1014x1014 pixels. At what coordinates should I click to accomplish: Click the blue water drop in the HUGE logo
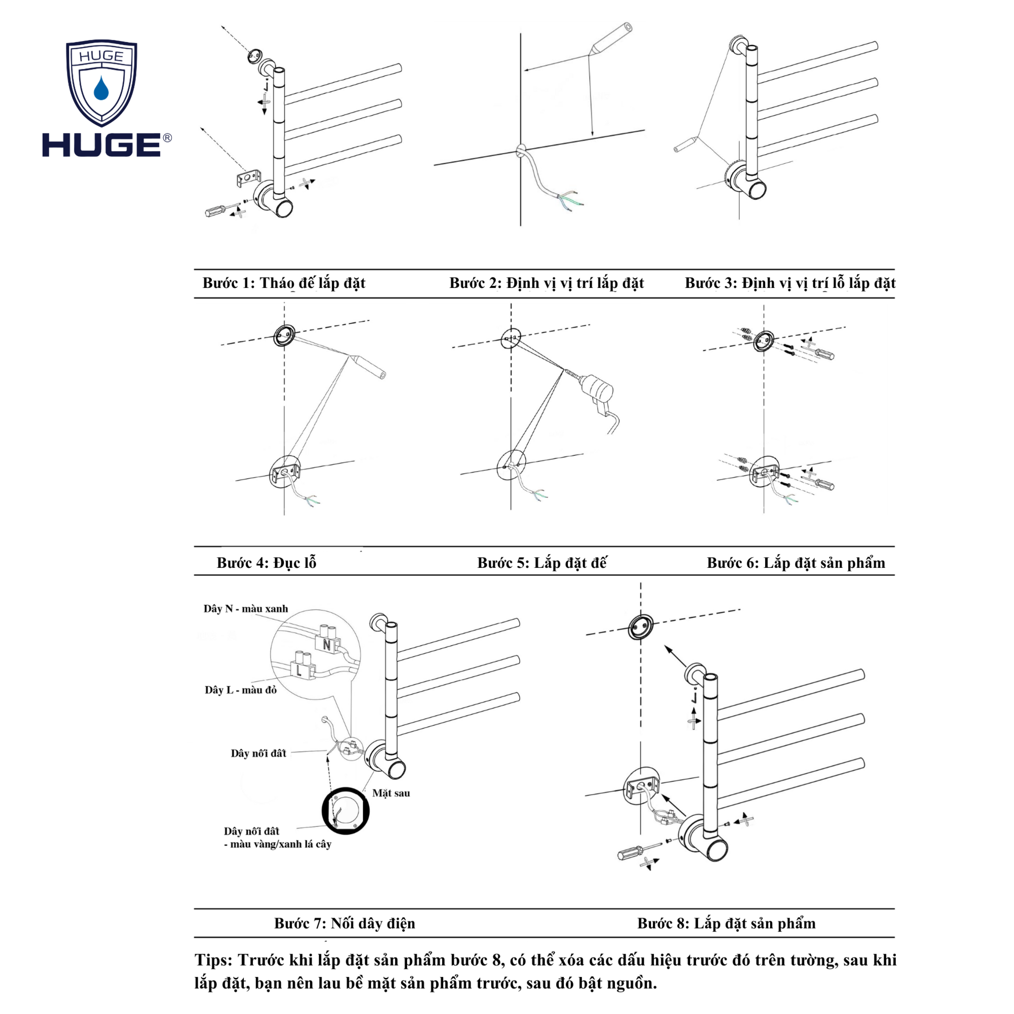101,89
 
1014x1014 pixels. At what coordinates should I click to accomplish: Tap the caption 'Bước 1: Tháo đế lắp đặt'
284,283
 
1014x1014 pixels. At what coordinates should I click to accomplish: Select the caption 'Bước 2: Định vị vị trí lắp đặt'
547,283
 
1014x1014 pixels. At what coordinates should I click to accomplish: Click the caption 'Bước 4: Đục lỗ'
267,563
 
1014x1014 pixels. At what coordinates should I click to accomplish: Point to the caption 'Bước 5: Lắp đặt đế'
541,563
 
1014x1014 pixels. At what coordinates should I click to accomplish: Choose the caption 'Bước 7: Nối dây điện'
344,923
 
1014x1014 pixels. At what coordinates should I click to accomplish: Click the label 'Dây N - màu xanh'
245,609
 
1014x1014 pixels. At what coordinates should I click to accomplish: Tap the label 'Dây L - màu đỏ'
240,690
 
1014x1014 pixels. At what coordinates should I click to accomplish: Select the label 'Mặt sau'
391,793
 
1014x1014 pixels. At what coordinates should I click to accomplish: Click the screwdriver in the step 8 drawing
632,853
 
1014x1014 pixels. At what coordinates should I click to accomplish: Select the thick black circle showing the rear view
345,810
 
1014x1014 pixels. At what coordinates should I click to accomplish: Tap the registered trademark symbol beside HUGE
167,138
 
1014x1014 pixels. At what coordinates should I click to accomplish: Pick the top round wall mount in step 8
641,627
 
